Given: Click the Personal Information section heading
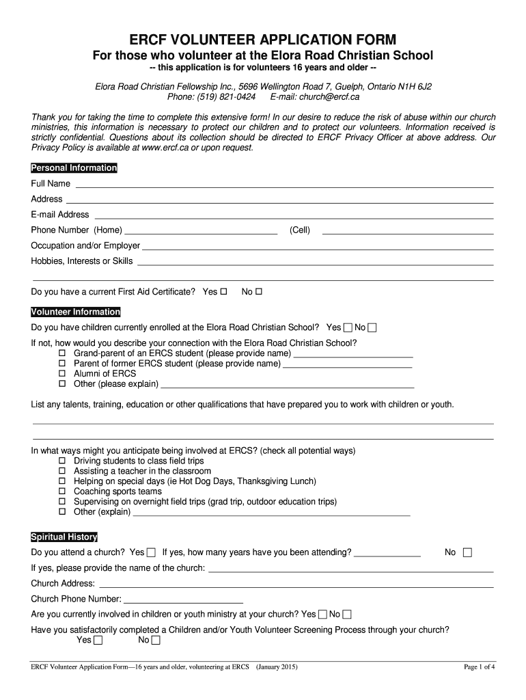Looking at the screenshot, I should (x=74, y=168).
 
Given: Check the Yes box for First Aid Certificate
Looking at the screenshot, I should (x=224, y=292).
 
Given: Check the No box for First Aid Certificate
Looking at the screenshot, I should (x=259, y=292).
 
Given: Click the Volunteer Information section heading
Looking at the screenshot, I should (x=76, y=312).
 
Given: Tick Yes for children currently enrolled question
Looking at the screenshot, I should (x=348, y=327).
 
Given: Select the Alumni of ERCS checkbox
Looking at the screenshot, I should (x=61, y=374).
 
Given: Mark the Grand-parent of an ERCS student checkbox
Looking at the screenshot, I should (x=61, y=353).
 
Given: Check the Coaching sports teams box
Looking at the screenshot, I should (x=61, y=492).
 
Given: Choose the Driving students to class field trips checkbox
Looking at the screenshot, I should (x=61, y=461).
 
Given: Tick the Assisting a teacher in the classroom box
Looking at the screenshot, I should (x=61, y=471).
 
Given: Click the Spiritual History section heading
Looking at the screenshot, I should (x=64, y=537).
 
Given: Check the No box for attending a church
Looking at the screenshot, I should (x=467, y=552).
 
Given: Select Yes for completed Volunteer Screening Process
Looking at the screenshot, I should (x=98, y=641).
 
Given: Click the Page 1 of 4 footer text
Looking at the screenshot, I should (x=479, y=667).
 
